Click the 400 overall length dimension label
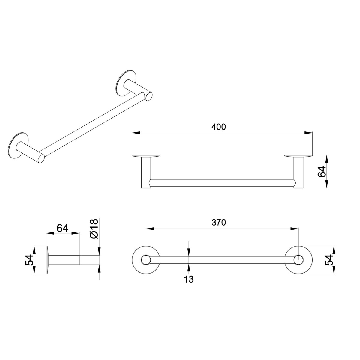[x=218, y=127]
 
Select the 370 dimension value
[x=219, y=223]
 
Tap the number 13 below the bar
[x=189, y=279]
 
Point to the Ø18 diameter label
[x=94, y=229]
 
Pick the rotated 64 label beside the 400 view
[x=322, y=171]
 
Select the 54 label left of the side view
[x=29, y=260]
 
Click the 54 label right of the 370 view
[x=329, y=260]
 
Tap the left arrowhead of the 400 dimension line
[x=136, y=133]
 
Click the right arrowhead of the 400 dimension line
[x=308, y=133]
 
